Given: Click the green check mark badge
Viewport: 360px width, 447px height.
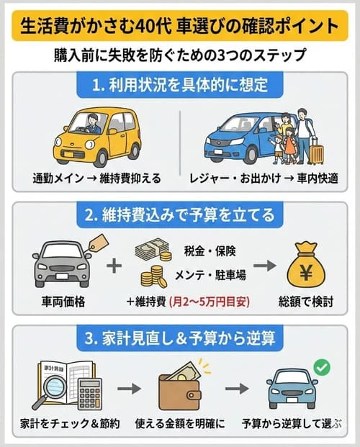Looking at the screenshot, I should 322,367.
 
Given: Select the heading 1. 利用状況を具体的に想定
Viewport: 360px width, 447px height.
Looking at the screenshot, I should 181,86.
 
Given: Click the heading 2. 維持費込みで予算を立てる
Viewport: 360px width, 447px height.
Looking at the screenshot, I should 179,215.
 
